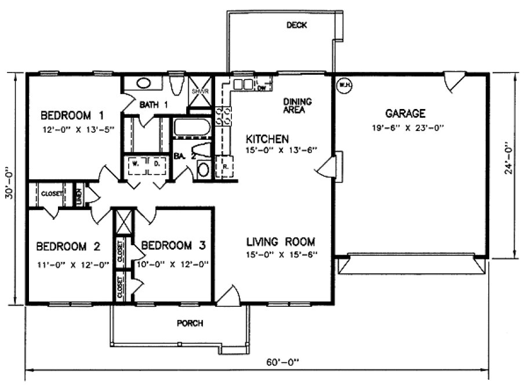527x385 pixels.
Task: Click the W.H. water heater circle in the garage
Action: click(344, 85)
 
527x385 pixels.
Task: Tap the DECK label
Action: click(296, 25)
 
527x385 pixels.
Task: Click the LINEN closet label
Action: click(79, 194)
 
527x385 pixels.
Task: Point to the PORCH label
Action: click(190, 324)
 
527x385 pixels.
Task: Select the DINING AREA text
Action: click(297, 106)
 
